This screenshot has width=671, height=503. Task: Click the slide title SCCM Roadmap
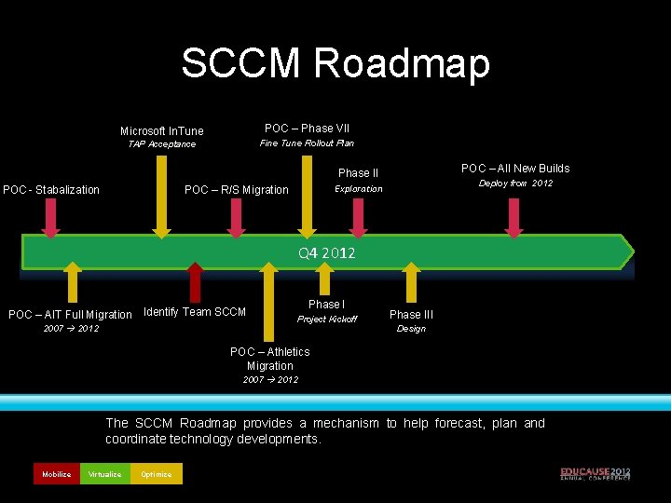(x=335, y=63)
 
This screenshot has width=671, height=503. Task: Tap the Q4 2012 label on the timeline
(x=326, y=252)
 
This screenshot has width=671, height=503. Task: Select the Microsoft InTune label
(x=161, y=130)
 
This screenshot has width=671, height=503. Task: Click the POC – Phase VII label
(x=307, y=128)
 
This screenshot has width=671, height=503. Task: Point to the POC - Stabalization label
(x=51, y=190)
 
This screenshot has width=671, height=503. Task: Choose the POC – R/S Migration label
(x=237, y=190)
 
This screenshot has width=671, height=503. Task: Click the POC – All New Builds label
(x=515, y=169)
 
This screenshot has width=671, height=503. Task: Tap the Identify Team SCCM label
(x=195, y=312)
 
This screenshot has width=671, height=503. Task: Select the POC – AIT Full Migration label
(x=70, y=315)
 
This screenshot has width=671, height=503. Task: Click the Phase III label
(x=411, y=315)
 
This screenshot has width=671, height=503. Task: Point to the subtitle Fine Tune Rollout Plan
(x=307, y=143)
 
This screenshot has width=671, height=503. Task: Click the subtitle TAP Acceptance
(x=161, y=144)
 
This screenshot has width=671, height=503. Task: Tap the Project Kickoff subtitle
(x=326, y=319)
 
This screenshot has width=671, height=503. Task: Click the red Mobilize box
(x=56, y=474)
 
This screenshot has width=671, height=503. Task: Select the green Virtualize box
(x=104, y=474)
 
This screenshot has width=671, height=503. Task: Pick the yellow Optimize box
(x=157, y=474)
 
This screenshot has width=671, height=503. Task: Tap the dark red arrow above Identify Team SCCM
(x=195, y=283)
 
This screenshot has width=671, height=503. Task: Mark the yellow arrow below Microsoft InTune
(x=162, y=196)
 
